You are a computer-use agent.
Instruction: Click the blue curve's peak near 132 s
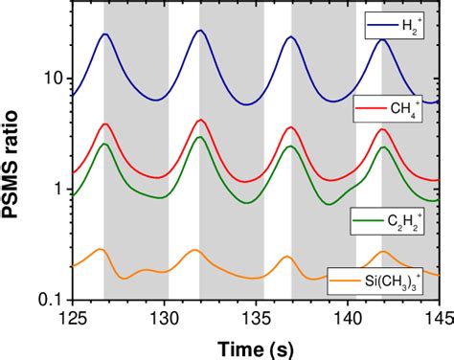pyautogui.click(x=199, y=31)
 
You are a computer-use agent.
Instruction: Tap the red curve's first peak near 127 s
pyautogui.click(x=105, y=124)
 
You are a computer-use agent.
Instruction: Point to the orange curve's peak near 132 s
pyautogui.click(x=194, y=250)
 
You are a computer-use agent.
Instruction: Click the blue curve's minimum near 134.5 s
pyautogui.click(x=247, y=104)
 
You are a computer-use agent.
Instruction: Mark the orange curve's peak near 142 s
pyautogui.click(x=383, y=252)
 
